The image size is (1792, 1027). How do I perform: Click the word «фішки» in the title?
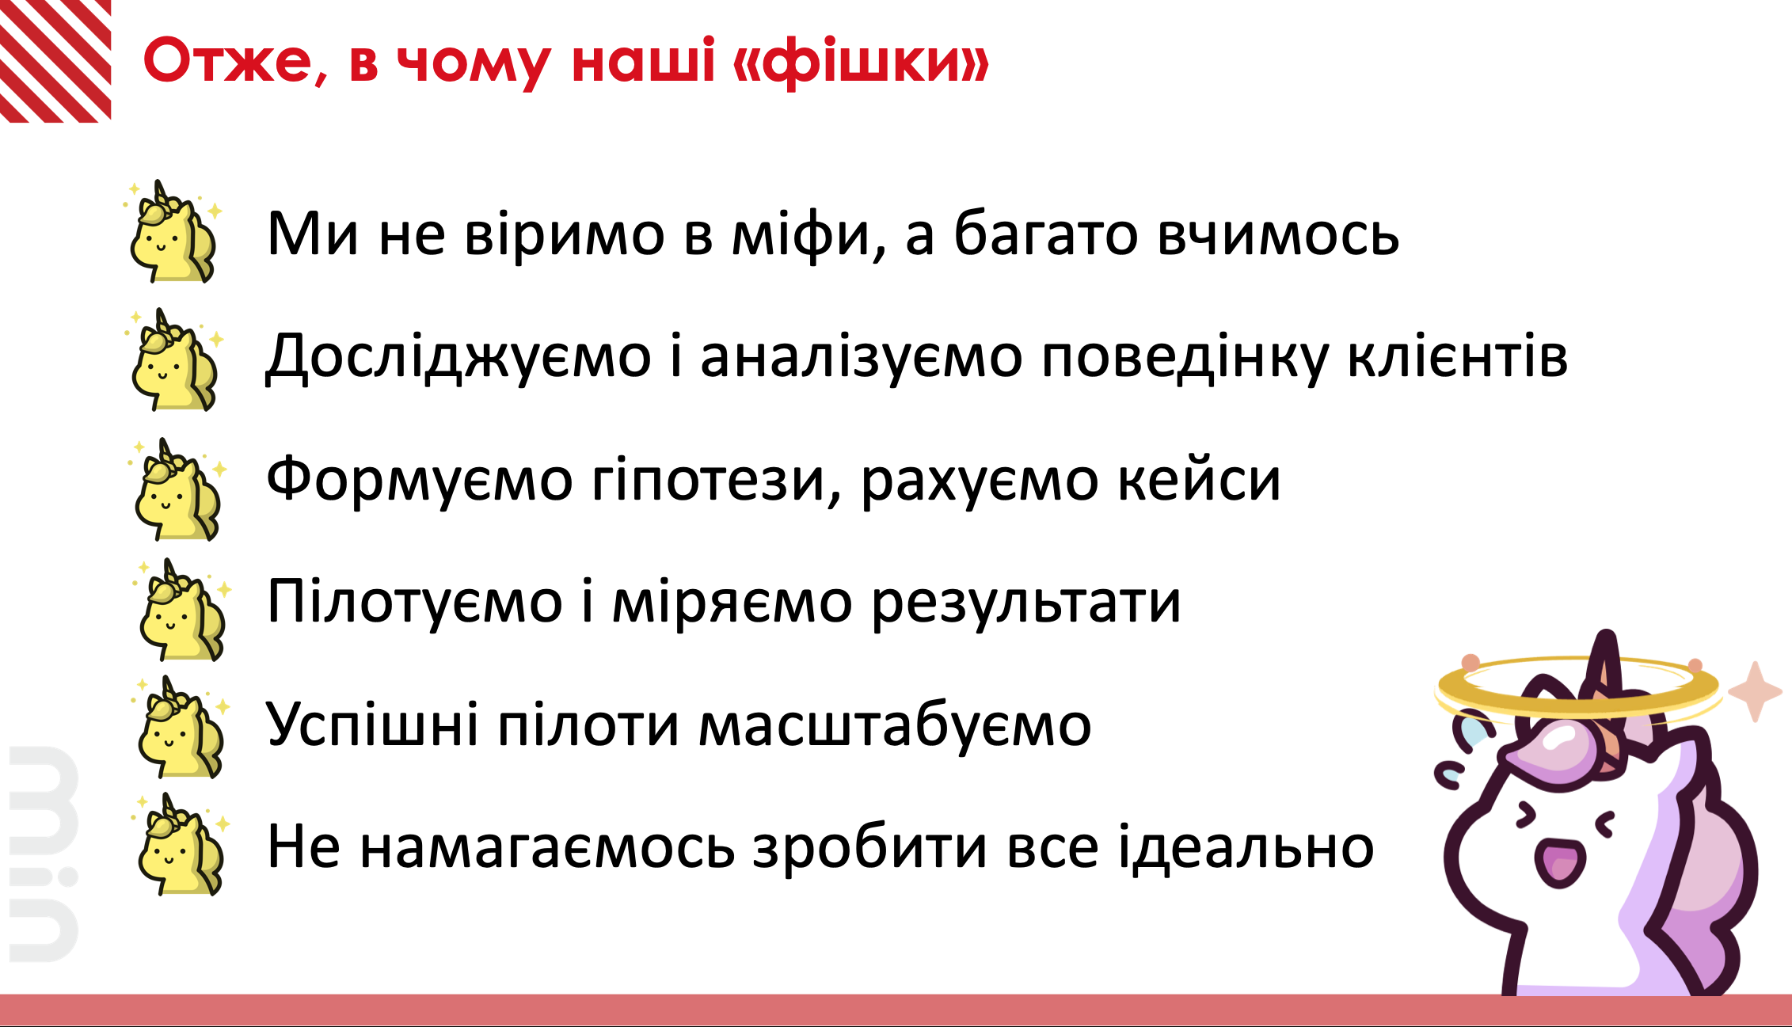(x=861, y=62)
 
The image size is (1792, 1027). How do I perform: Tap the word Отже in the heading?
(x=228, y=62)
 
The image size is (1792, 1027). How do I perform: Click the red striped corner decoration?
(x=55, y=61)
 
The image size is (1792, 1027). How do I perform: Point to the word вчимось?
(x=1278, y=235)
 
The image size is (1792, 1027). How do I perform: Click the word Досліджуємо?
(x=458, y=357)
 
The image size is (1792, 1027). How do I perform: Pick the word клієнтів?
(x=1457, y=356)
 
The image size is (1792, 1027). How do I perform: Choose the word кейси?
(x=1199, y=480)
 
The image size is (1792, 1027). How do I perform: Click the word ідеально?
(x=1246, y=846)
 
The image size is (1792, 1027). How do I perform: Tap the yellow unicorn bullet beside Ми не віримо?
(x=173, y=231)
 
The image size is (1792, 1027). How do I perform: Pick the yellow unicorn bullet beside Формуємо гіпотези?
(x=177, y=489)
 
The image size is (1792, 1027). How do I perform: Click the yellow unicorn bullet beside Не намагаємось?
(x=181, y=844)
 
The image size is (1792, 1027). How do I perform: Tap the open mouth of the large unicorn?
(x=1561, y=862)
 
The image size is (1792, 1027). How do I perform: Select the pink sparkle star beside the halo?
(x=1755, y=691)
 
